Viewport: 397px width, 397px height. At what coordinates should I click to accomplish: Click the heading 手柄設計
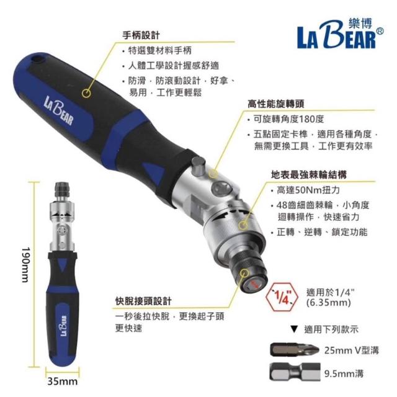tap(141, 35)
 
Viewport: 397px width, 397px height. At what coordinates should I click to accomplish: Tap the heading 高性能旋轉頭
tap(275, 104)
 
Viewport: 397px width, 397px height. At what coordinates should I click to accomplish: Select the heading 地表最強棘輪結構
tap(309, 175)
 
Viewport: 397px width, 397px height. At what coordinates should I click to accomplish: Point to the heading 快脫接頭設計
tap(143, 301)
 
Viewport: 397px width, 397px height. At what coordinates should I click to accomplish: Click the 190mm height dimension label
tap(26, 265)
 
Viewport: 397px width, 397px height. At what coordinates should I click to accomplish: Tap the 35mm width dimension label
tap(62, 381)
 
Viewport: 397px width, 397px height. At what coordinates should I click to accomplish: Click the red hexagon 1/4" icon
tap(283, 297)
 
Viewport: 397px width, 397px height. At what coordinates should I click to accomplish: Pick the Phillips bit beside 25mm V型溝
tap(295, 350)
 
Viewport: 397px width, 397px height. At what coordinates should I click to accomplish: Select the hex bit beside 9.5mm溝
tap(295, 372)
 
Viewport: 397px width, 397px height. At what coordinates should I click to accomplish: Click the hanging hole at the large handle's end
tap(38, 58)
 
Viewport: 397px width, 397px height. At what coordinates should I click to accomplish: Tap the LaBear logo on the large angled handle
tap(59, 110)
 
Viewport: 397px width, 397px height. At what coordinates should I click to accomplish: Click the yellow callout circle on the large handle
tap(87, 92)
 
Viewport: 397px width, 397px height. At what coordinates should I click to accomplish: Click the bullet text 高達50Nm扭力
tap(308, 190)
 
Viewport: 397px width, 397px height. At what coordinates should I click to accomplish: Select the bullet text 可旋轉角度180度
tap(289, 119)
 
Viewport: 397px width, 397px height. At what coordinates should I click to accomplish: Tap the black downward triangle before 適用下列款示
tap(294, 329)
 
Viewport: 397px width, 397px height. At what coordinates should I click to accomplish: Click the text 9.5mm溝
tap(344, 373)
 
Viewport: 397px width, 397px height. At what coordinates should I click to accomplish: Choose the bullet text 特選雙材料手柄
tap(160, 50)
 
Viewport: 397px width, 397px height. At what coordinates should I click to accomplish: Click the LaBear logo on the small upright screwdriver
tap(63, 326)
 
